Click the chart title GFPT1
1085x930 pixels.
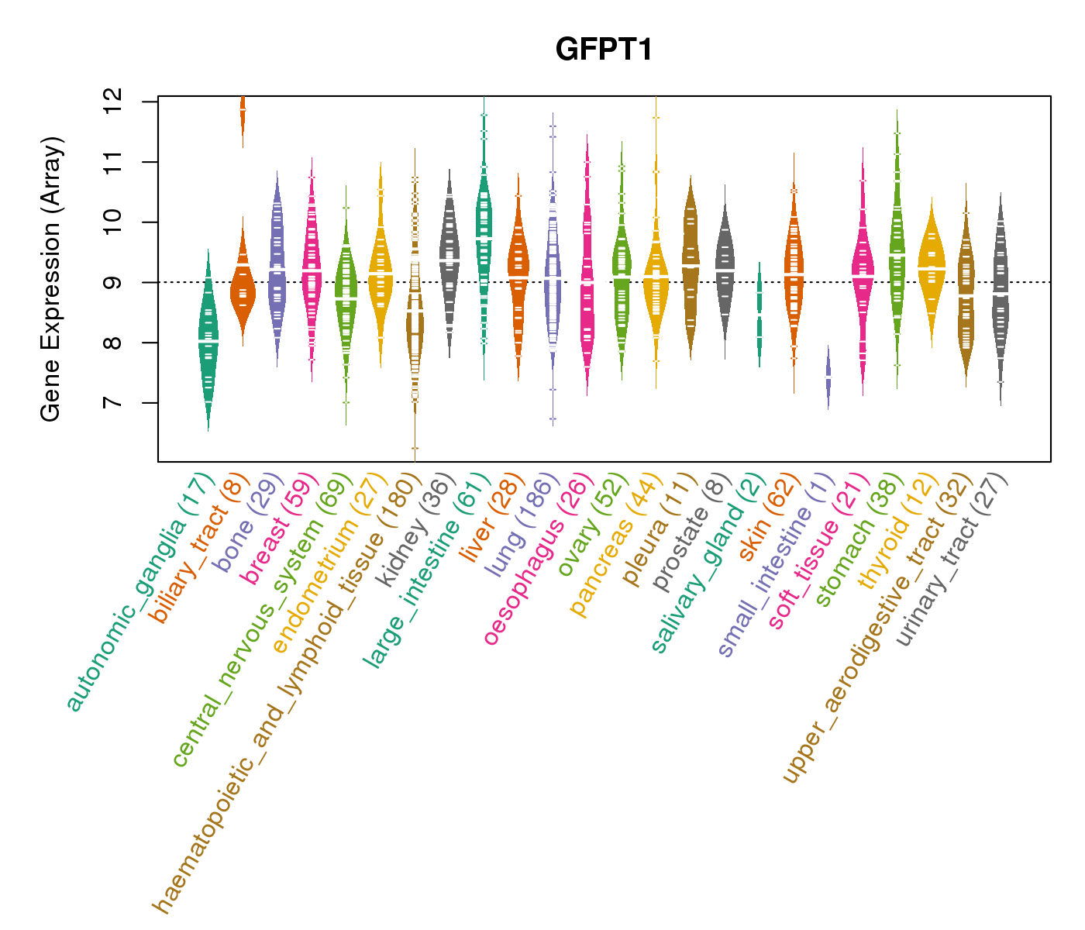click(x=604, y=50)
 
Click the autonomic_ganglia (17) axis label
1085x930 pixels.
click(x=139, y=593)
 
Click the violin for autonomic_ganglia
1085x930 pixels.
click(x=208, y=341)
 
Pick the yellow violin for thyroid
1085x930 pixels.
click(x=932, y=267)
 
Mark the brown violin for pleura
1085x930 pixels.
click(x=691, y=263)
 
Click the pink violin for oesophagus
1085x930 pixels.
click(x=587, y=279)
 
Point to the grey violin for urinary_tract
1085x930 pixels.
click(x=1001, y=294)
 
